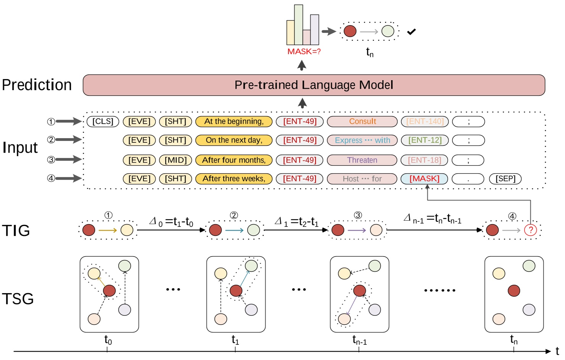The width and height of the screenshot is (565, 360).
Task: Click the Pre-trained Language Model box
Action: [314, 85]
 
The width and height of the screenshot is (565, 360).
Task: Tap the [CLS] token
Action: [103, 121]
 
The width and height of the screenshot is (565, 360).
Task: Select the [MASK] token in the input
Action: [424, 179]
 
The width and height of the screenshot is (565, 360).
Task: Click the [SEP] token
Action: [505, 179]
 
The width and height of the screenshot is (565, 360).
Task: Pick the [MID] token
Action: [175, 160]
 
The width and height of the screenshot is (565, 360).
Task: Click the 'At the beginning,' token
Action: [234, 121]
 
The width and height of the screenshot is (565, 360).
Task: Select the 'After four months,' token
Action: [234, 160]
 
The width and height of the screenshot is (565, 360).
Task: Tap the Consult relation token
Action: [362, 121]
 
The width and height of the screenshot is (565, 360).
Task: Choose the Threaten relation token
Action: [362, 160]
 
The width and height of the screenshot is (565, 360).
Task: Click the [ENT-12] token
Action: [425, 140]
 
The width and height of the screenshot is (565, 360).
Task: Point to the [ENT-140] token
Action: [425, 121]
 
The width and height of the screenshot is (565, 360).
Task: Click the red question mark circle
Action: [530, 230]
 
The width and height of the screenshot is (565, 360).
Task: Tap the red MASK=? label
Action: [304, 52]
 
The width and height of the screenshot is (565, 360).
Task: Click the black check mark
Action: [411, 32]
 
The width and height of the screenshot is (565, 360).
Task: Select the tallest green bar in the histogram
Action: [298, 25]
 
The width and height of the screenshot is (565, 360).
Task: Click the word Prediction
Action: [37, 85]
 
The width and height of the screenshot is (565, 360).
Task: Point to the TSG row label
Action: [18, 299]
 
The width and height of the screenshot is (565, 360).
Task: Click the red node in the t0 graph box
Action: [109, 291]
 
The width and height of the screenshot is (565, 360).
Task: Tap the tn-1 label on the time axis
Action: [359, 340]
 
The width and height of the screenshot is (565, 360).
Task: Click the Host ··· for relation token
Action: [362, 179]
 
